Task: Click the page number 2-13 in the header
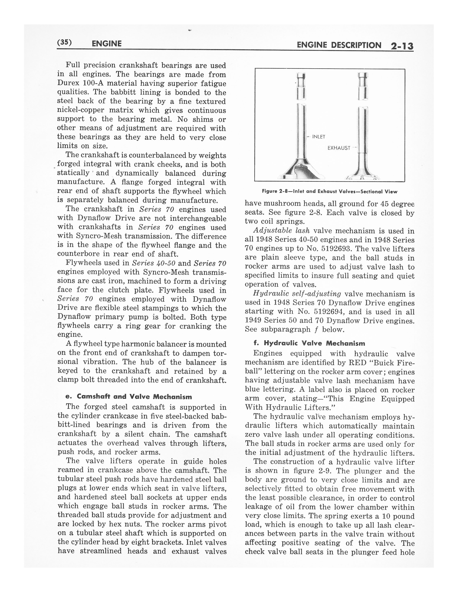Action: point(402,46)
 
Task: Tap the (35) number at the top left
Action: point(64,43)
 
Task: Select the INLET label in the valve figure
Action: point(319,137)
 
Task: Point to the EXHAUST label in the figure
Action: point(339,148)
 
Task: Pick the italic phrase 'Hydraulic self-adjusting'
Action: point(297,294)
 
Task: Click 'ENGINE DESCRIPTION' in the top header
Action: point(339,45)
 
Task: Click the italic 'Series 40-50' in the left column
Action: point(154,263)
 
